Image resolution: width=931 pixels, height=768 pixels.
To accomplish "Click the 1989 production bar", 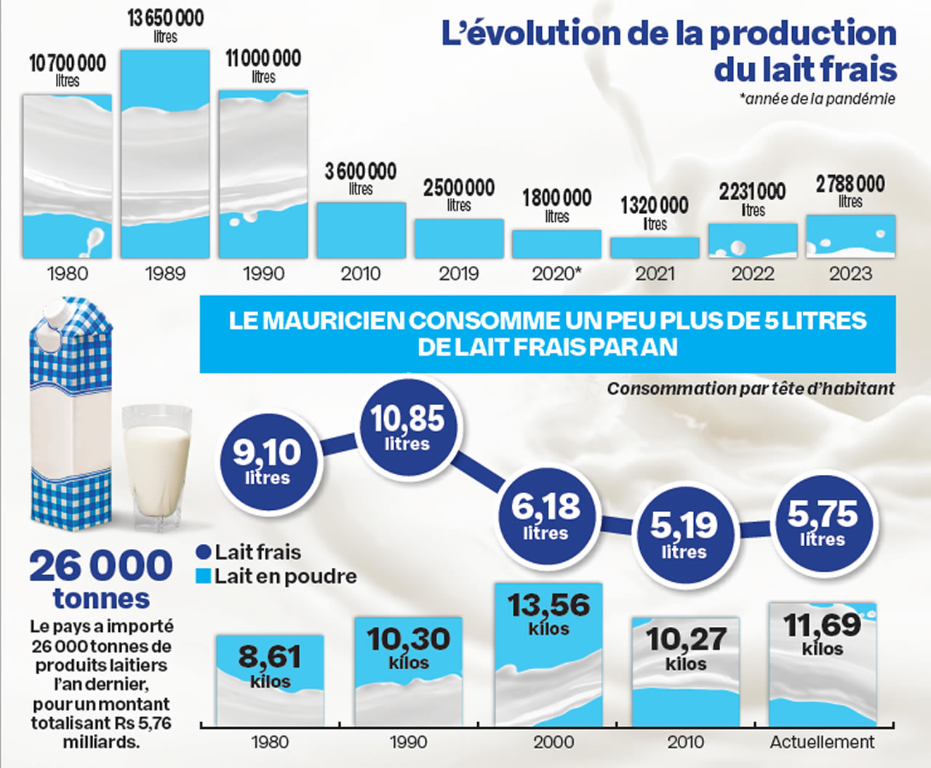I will click(x=165, y=154).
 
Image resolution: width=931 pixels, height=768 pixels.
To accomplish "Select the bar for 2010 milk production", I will click(x=361, y=231).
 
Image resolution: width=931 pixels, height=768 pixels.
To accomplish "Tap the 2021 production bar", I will click(x=655, y=248).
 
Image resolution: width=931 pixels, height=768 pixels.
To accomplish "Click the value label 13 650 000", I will click(x=165, y=18).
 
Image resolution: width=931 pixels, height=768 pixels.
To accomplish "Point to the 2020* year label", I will click(x=556, y=274).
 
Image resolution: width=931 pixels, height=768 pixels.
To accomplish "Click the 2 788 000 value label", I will click(x=850, y=184).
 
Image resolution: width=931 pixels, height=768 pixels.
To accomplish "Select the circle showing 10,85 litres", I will click(x=407, y=427).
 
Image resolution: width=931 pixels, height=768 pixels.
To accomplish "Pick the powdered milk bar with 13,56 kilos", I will click(x=548, y=655).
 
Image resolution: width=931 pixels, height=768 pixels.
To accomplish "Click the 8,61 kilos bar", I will click(x=270, y=680).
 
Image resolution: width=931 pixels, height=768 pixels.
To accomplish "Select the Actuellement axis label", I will click(x=822, y=743).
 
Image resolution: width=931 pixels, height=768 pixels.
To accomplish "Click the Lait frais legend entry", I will click(x=249, y=552).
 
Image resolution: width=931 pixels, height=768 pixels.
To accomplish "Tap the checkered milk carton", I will click(x=71, y=415).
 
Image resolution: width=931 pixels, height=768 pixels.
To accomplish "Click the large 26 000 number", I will click(x=101, y=567).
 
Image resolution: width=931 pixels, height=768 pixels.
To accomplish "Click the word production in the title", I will click(x=803, y=33).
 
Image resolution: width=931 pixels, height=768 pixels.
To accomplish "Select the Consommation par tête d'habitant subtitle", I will click(x=751, y=389).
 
